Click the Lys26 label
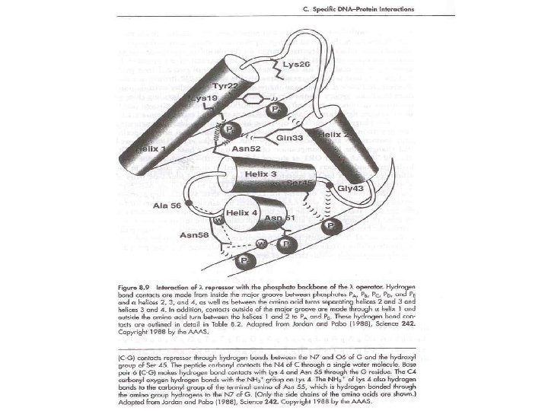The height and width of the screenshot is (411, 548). click(x=296, y=65)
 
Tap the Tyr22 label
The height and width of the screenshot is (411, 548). click(x=225, y=86)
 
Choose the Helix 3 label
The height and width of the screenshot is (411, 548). click(x=262, y=174)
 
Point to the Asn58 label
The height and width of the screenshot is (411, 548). click(x=193, y=236)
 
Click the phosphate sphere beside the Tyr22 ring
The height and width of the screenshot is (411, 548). click(x=277, y=110)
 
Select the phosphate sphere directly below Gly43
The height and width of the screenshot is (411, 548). click(x=330, y=226)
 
